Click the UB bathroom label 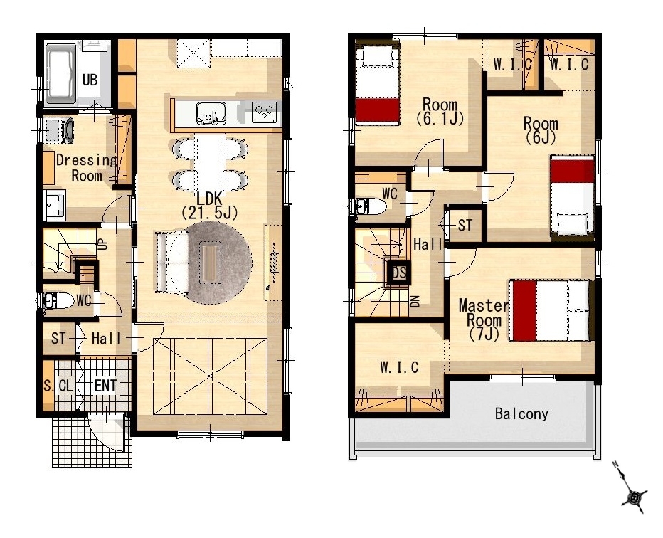point(90,80)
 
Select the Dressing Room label point(86,167)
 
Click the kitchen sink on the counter point(211,113)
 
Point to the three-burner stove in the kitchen point(264,112)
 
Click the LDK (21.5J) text point(209,206)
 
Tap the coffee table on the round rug point(210,262)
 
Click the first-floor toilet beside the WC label point(58,300)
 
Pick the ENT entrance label point(105,386)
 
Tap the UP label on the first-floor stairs point(103,243)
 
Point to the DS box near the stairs point(399,273)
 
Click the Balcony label point(521,413)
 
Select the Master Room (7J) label point(484,320)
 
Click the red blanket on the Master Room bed point(524,310)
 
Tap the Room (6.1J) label point(440,112)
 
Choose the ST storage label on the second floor point(465,226)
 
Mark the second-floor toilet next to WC point(371,206)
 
